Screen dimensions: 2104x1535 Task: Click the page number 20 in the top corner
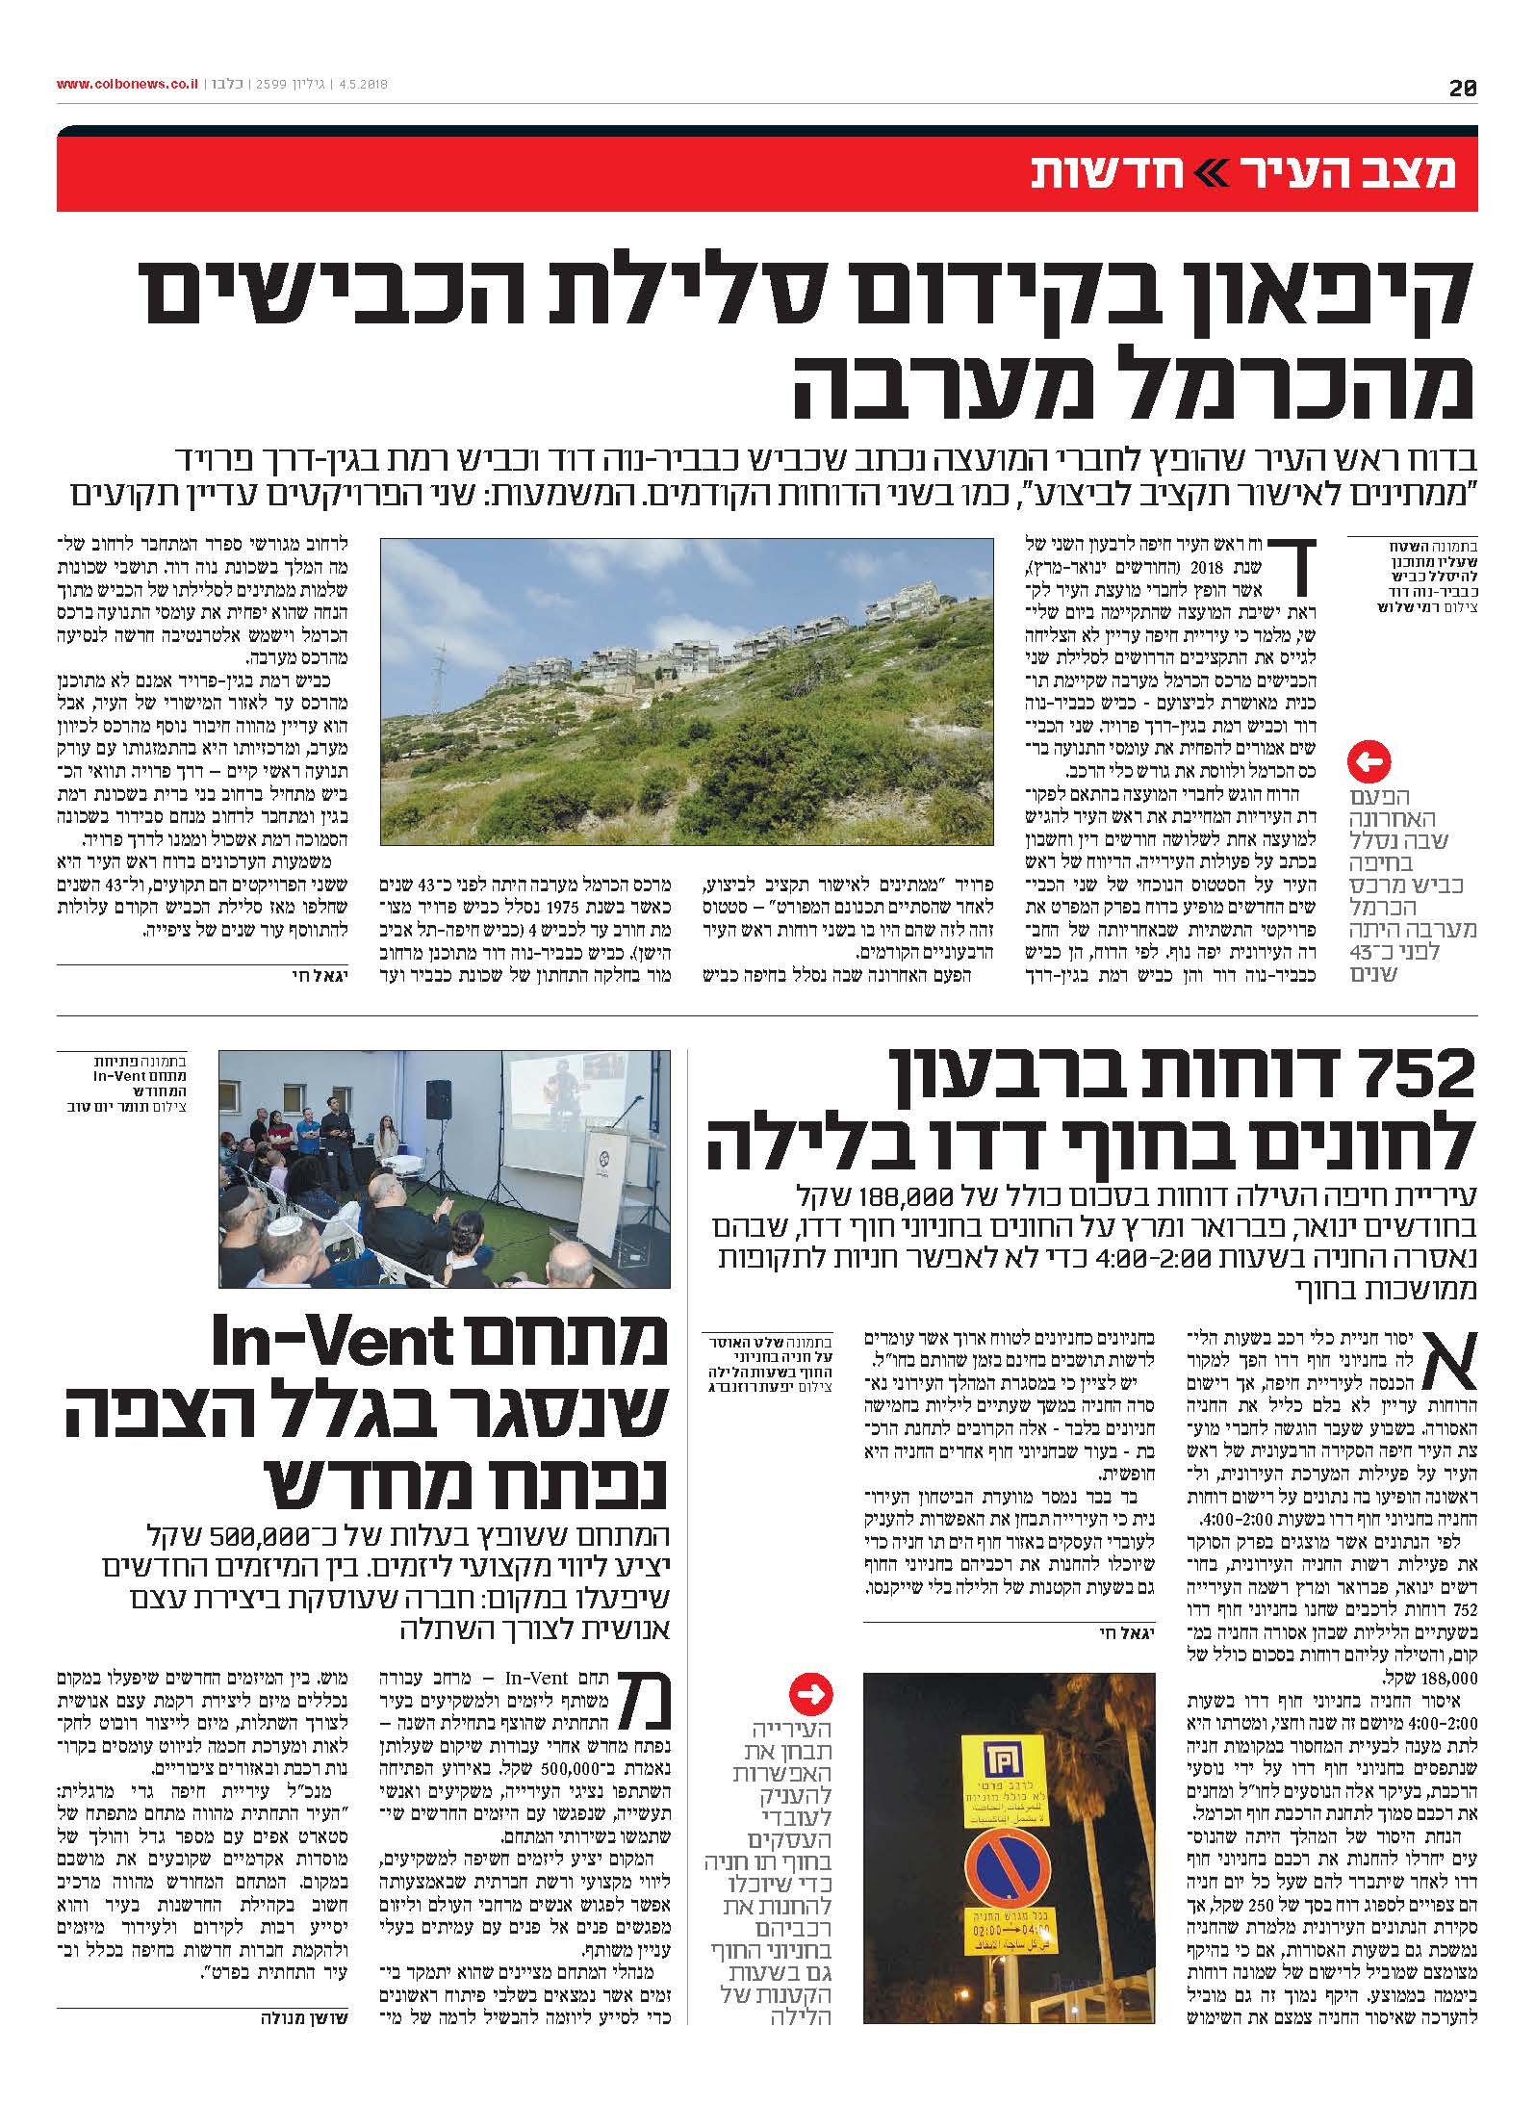[1463, 88]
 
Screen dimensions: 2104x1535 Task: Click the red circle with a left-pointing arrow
[1369, 763]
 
